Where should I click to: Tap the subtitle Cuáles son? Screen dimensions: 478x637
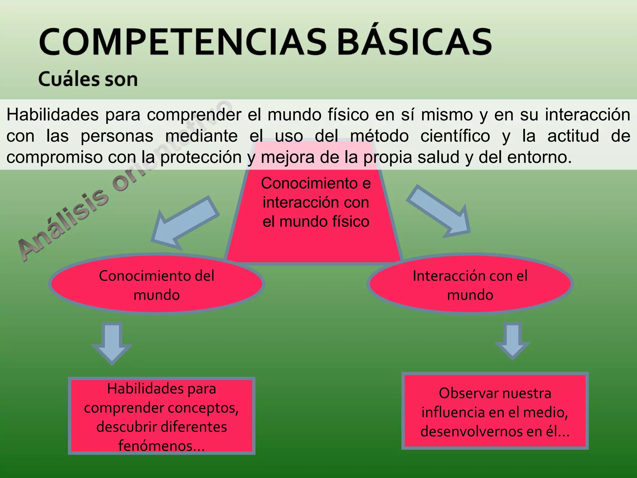click(x=88, y=79)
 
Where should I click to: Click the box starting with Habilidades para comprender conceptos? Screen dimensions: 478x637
click(x=161, y=416)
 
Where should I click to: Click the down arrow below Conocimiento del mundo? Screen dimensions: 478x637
click(x=112, y=342)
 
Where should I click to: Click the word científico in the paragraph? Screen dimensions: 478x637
click(x=455, y=136)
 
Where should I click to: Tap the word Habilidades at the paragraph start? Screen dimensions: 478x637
click(x=52, y=115)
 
